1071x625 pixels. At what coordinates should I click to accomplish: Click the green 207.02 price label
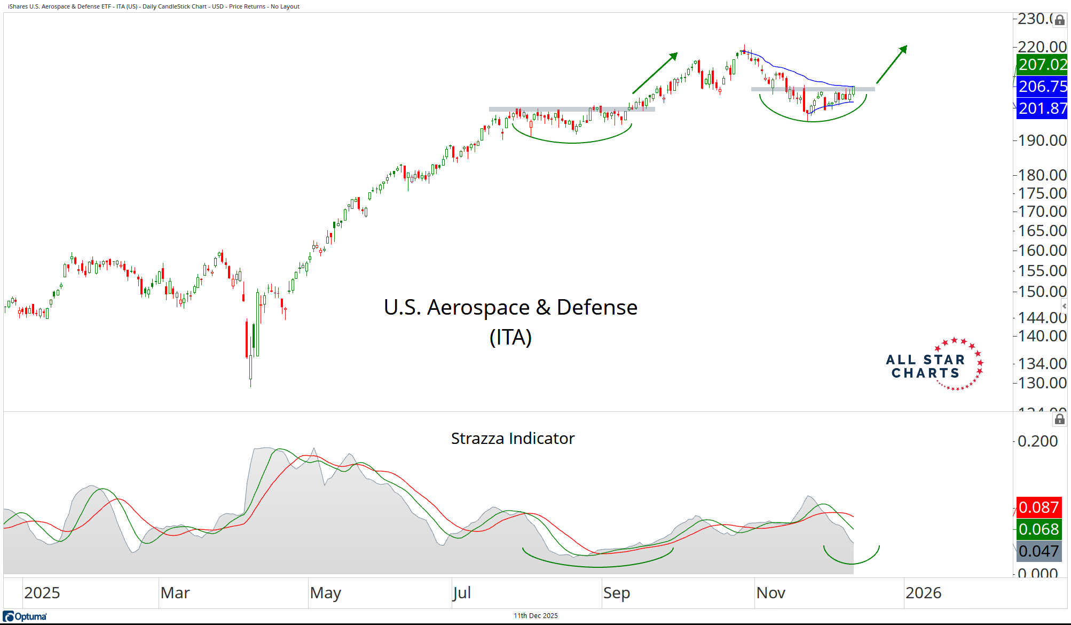click(x=1042, y=65)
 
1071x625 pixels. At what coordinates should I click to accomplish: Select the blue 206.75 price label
click(x=1042, y=87)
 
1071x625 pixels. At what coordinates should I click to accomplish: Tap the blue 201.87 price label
click(x=1042, y=108)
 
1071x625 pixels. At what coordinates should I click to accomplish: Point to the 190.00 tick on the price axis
click(x=1042, y=140)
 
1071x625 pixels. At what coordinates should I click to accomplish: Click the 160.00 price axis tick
click(x=1042, y=250)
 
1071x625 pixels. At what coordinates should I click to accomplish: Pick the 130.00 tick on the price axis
click(x=1042, y=382)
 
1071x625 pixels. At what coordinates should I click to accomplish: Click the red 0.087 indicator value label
click(x=1038, y=507)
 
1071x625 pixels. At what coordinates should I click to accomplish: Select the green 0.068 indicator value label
click(x=1038, y=529)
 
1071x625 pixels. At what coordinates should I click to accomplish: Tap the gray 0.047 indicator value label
click(x=1038, y=551)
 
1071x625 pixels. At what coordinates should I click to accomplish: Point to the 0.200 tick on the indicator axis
click(x=1037, y=441)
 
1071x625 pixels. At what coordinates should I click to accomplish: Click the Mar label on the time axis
click(x=175, y=593)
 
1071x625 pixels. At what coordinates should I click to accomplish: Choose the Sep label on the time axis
click(x=617, y=593)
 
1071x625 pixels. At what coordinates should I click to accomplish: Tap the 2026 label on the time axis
click(x=923, y=593)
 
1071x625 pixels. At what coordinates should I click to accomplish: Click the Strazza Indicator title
click(x=513, y=439)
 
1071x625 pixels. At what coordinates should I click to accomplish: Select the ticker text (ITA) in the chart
click(x=510, y=337)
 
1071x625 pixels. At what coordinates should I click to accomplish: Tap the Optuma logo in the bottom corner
click(x=25, y=616)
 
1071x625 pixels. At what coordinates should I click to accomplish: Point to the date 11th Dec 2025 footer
click(x=535, y=615)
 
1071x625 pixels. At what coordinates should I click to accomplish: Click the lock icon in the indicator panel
click(x=1059, y=419)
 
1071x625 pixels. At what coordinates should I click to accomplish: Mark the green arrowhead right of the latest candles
click(x=903, y=50)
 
